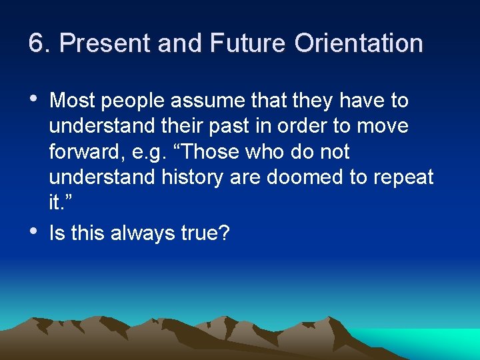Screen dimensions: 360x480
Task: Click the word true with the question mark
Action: (204, 235)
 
